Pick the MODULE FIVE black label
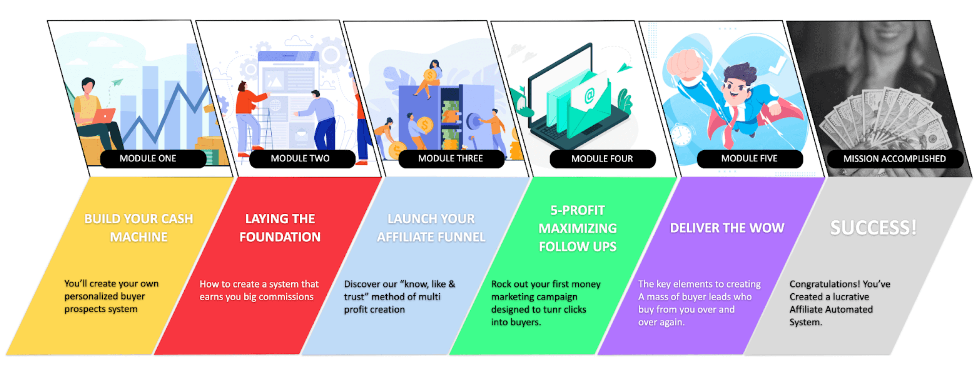tap(750, 158)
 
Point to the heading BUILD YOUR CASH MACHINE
tap(139, 228)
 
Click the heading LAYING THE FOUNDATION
tap(280, 228)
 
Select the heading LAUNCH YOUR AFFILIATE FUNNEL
tap(431, 228)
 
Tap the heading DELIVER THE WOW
tap(727, 228)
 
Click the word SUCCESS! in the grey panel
tap(873, 228)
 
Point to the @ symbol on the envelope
tap(589, 95)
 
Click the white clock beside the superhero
tap(682, 135)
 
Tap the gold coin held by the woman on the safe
tap(430, 75)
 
